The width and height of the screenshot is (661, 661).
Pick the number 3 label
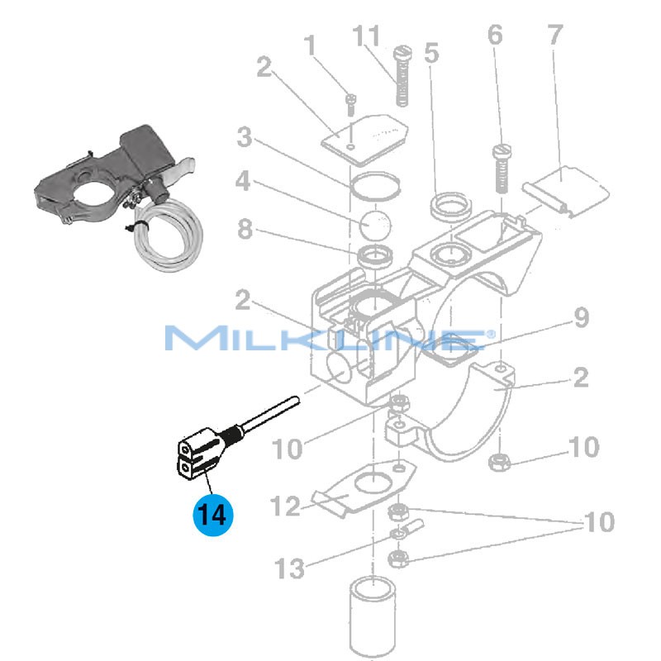244,138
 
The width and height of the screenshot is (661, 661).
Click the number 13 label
288,568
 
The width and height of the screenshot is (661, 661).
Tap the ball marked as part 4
376,222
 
